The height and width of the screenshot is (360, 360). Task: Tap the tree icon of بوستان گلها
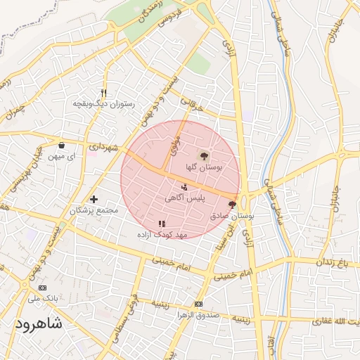204,156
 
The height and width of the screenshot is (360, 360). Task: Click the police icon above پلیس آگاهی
184,187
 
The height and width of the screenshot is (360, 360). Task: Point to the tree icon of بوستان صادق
232,205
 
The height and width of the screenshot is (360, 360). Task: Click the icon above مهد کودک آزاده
162,223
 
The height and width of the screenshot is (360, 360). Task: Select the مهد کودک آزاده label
162,233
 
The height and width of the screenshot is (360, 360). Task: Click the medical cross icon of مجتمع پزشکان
94,200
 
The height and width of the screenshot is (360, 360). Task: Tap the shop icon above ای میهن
62,146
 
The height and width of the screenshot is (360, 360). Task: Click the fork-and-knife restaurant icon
104,93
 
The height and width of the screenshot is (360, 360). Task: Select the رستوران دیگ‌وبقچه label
103,104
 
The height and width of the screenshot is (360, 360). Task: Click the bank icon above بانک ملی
42,288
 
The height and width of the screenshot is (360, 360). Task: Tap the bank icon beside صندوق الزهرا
198,304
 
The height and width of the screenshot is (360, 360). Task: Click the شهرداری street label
103,146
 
